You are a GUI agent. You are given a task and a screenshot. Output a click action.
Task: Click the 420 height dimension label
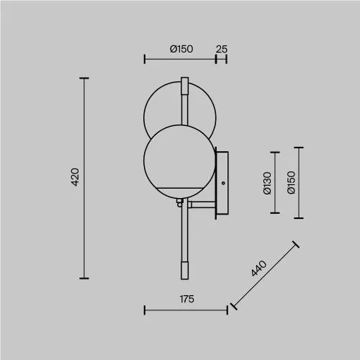pyautogui.click(x=76, y=177)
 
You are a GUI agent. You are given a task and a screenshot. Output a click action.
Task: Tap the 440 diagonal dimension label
pyautogui.click(x=259, y=269)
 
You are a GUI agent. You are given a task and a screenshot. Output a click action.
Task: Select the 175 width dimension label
pyautogui.click(x=187, y=299)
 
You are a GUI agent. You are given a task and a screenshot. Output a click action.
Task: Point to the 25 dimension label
pyautogui.click(x=221, y=49)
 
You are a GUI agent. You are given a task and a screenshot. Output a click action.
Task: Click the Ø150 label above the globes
pyautogui.click(x=181, y=49)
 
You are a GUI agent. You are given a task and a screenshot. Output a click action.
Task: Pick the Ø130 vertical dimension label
pyautogui.click(x=267, y=183)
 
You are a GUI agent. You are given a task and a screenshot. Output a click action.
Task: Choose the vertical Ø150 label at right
pyautogui.click(x=291, y=182)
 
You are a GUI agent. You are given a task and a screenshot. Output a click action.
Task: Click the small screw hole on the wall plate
pyautogui.click(x=223, y=183)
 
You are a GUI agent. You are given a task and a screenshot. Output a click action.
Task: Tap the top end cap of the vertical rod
pyautogui.click(x=184, y=86)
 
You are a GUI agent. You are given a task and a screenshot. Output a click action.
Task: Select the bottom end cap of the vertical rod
pyautogui.click(x=184, y=271)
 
